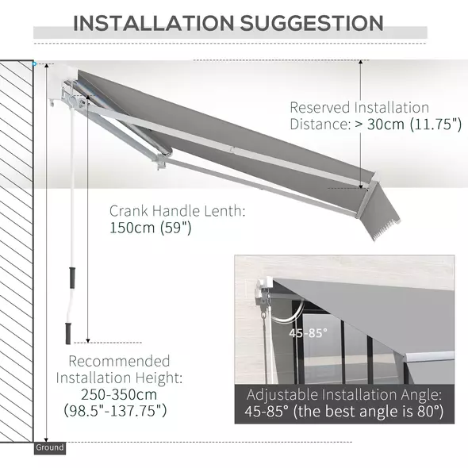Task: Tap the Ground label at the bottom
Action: click(49, 448)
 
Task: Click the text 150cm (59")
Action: click(151, 228)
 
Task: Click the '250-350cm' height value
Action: click(119, 394)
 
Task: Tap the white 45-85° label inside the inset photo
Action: click(307, 333)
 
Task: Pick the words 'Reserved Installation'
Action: click(359, 107)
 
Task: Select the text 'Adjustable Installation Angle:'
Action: click(343, 394)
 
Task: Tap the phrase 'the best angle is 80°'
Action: click(379, 412)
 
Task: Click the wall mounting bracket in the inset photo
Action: click(262, 291)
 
